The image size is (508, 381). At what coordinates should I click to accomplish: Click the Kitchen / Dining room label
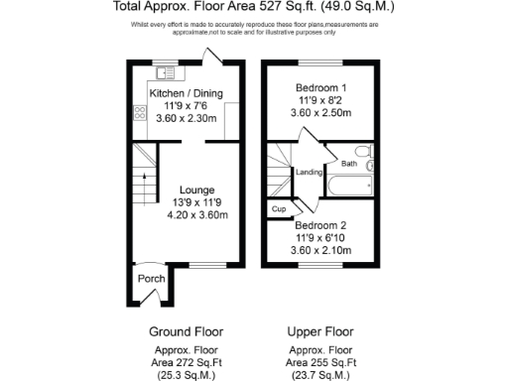click(x=186, y=94)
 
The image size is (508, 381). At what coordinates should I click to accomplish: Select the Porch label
click(x=151, y=279)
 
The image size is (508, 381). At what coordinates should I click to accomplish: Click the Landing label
click(x=310, y=173)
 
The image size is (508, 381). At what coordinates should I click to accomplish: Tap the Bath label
click(x=349, y=164)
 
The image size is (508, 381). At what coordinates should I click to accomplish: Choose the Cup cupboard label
click(x=279, y=210)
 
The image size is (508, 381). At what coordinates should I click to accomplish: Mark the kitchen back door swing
click(x=212, y=56)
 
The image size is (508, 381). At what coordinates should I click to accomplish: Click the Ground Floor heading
click(x=186, y=331)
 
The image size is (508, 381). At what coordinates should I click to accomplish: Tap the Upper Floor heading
click(x=319, y=331)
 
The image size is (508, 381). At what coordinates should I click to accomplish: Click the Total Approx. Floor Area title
click(x=254, y=7)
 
